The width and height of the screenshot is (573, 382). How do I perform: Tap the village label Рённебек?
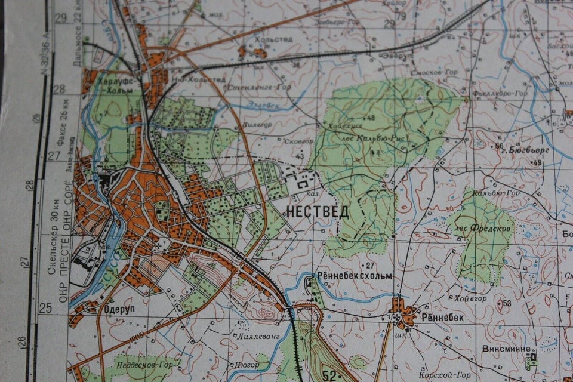[443, 318]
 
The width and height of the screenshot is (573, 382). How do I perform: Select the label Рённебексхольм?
[356, 276]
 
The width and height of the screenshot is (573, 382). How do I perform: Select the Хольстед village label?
[274, 39]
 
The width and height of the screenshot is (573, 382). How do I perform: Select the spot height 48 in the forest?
[371, 118]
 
